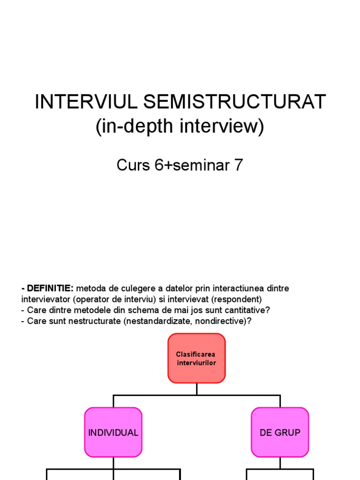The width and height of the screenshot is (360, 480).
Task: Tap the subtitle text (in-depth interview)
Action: (180, 127)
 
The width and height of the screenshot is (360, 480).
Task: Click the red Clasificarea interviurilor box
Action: (196, 359)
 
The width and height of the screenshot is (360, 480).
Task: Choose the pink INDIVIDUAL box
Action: (113, 433)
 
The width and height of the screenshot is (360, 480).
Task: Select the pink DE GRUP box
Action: (280, 433)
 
